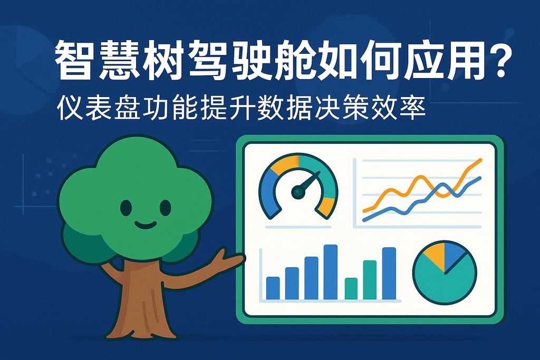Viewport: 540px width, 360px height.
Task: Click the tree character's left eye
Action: click(126, 208)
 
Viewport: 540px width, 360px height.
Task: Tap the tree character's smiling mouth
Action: click(145, 226)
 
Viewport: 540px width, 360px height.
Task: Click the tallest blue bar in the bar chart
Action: click(331, 272)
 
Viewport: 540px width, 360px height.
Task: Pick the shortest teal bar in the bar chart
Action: click(351, 288)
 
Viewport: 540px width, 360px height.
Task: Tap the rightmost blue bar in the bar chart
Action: click(389, 273)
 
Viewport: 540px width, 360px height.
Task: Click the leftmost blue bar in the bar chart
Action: click(273, 288)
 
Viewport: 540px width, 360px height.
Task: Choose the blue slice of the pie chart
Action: click(455, 255)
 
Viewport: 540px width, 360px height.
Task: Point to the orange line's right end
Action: click(481, 159)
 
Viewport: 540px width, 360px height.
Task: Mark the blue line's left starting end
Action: click(364, 220)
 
